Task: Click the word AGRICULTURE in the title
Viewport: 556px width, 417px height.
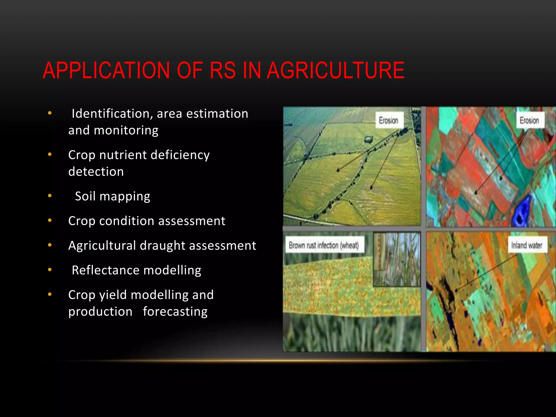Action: (x=336, y=71)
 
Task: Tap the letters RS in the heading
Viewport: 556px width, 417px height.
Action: (x=223, y=71)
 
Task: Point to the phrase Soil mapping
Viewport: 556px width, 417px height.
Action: (x=112, y=196)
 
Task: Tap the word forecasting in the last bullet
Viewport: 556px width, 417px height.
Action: (x=175, y=311)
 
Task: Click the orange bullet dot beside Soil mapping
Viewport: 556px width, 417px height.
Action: (x=50, y=195)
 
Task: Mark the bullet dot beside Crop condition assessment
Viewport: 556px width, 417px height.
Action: (x=50, y=220)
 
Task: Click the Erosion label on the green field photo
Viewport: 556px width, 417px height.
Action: (x=388, y=120)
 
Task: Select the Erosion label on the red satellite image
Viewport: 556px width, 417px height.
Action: (x=529, y=120)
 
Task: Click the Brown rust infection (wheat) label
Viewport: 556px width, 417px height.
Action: (x=324, y=245)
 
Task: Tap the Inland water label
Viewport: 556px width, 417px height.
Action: (x=527, y=245)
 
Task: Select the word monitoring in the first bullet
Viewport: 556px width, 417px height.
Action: (x=126, y=131)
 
